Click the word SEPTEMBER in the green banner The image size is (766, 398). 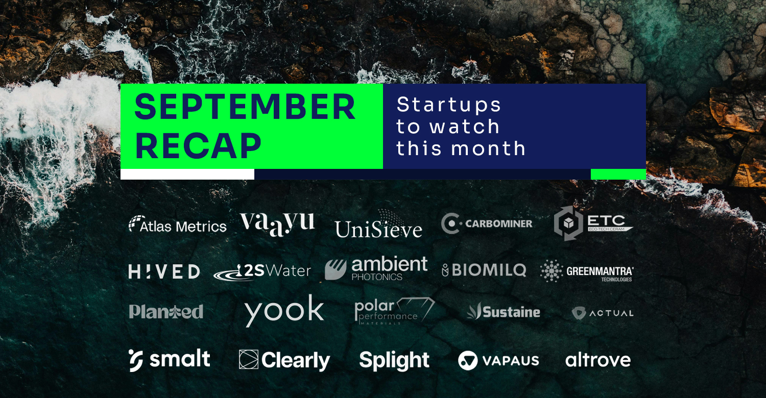tap(245, 107)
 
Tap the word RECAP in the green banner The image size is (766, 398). tap(198, 146)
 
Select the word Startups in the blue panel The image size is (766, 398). tap(449, 105)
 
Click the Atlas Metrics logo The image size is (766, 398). tap(178, 225)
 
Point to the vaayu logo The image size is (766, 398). tap(278, 224)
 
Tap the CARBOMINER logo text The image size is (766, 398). tap(498, 224)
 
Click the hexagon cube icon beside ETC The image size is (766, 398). tap(568, 223)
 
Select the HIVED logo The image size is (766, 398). tap(164, 271)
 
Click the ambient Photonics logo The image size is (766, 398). tap(376, 268)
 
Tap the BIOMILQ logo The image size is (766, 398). tap(484, 270)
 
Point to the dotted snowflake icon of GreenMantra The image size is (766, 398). tap(551, 271)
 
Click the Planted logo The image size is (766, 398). tap(166, 312)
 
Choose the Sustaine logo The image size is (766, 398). tap(504, 311)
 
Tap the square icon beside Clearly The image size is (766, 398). tap(249, 359)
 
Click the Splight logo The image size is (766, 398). tap(394, 361)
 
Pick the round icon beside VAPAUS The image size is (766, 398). tap(468, 361)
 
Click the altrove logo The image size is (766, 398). tap(598, 360)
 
